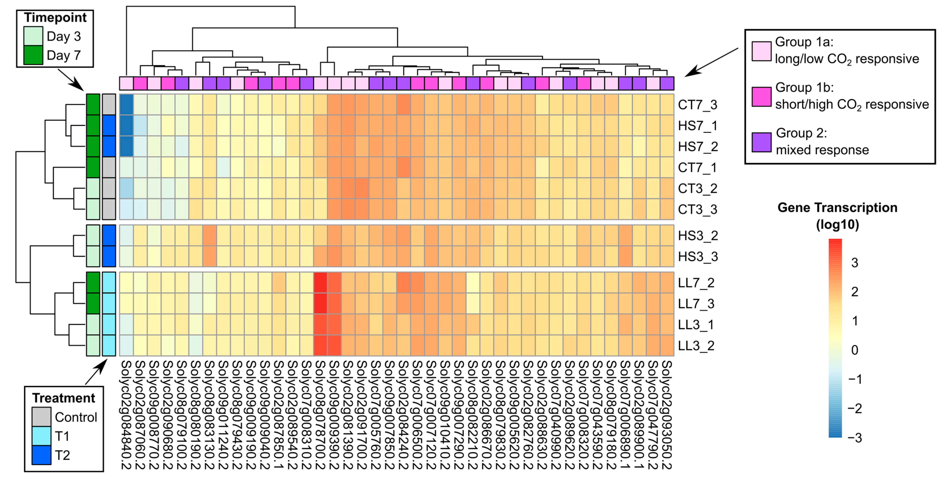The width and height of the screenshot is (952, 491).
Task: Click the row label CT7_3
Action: click(x=697, y=105)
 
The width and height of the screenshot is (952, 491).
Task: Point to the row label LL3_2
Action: click(x=696, y=346)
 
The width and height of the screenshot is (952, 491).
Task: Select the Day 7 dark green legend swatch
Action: click(x=33, y=55)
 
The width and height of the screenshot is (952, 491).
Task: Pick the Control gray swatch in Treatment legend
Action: click(x=41, y=417)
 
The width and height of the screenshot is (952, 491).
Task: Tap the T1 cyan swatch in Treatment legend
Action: click(x=41, y=436)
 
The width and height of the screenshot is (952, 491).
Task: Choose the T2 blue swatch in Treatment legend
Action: click(x=41, y=455)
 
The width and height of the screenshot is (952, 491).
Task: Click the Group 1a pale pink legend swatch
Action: click(x=761, y=51)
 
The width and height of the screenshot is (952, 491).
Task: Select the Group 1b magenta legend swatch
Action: click(x=761, y=96)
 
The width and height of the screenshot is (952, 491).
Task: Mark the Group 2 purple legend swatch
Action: click(x=761, y=142)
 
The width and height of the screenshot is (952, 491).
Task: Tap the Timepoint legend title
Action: click(x=55, y=17)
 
